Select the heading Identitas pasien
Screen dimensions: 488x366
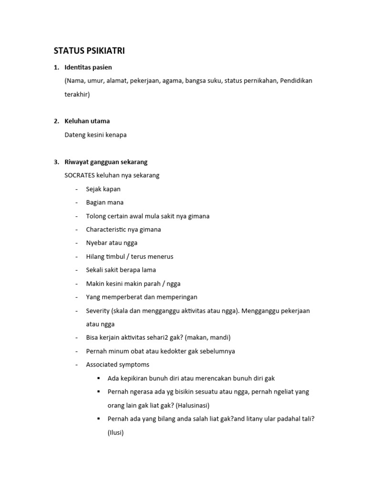[x=88, y=67]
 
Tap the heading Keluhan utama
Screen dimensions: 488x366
[x=87, y=121]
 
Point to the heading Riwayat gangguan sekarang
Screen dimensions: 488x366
[x=106, y=162]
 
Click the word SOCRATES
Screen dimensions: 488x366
[x=80, y=175]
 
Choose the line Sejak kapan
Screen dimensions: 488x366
[x=103, y=189]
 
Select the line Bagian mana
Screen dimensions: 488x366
[x=105, y=203]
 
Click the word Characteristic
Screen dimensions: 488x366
[x=106, y=229]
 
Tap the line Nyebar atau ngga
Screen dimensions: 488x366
[x=112, y=243]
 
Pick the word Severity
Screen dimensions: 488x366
[x=98, y=311]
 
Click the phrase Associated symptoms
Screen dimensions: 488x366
[x=118, y=365]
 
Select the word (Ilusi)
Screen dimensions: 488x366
[x=116, y=433]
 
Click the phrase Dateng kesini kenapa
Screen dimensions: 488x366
[x=96, y=135]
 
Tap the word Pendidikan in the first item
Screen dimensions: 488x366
[x=296, y=81]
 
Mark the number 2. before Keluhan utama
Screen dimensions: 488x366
[x=56, y=121]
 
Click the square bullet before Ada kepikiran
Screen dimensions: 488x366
[x=98, y=378]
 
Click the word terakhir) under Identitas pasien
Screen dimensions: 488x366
[x=77, y=94]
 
